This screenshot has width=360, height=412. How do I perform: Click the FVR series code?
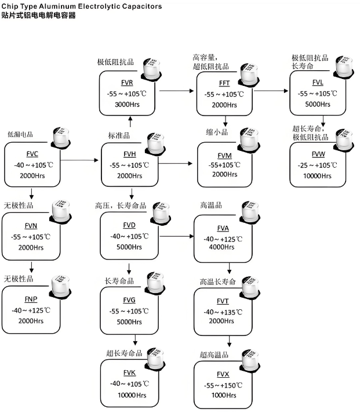[x=128, y=82]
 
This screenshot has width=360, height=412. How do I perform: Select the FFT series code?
[x=224, y=83]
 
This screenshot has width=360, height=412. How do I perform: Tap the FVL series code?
[x=318, y=82]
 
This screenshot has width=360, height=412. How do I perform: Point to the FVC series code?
[x=32, y=154]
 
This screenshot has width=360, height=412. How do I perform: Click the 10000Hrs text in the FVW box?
[x=317, y=175]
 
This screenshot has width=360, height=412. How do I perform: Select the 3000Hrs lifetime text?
[x=128, y=104]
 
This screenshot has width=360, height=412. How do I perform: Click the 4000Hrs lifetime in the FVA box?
[x=223, y=247]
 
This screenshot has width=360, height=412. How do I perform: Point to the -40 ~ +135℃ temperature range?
[x=223, y=312]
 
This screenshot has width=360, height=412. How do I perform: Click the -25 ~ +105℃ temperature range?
[x=317, y=165]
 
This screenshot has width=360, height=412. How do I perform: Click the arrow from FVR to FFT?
[x=177, y=91]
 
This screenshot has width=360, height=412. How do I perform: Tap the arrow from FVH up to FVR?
[x=130, y=121]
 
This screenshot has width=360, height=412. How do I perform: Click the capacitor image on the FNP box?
[x=61, y=287]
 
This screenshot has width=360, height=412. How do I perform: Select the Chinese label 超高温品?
[x=213, y=355]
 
